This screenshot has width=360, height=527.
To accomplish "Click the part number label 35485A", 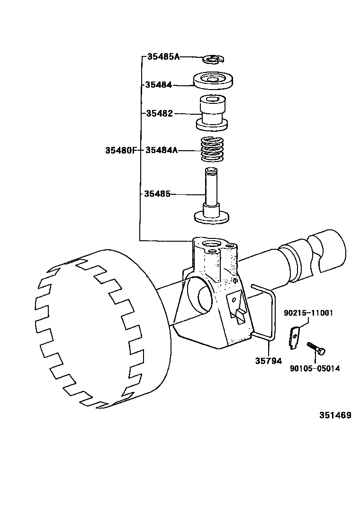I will coord(163,57).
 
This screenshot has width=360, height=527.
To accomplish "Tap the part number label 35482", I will coord(159,114).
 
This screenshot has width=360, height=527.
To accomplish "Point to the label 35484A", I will coord(161,151).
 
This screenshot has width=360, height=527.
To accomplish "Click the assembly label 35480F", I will coord(120,151).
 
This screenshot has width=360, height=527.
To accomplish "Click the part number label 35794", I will coord(269,361).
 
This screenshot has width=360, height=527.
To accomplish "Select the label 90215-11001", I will coord(308,313).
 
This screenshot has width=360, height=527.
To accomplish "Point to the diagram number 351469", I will coord(335,415).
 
